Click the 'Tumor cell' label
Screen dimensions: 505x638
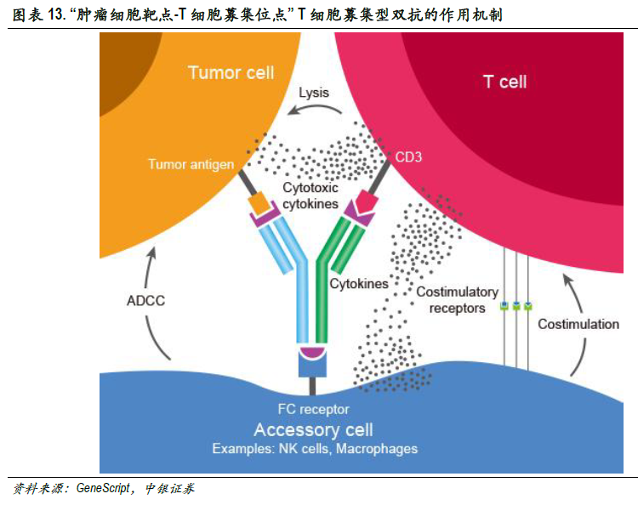pos(231,72)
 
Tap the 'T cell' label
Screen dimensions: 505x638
pos(504,82)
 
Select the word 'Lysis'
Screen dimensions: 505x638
pos(313,93)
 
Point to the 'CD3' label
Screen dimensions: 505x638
pos(409,157)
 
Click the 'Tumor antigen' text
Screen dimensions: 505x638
pos(191,163)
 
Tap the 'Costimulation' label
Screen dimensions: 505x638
pos(578,324)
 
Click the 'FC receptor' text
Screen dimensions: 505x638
pos(313,409)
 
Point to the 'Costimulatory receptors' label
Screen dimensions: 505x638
pos(457,299)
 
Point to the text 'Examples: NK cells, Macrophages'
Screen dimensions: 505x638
pos(315,448)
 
